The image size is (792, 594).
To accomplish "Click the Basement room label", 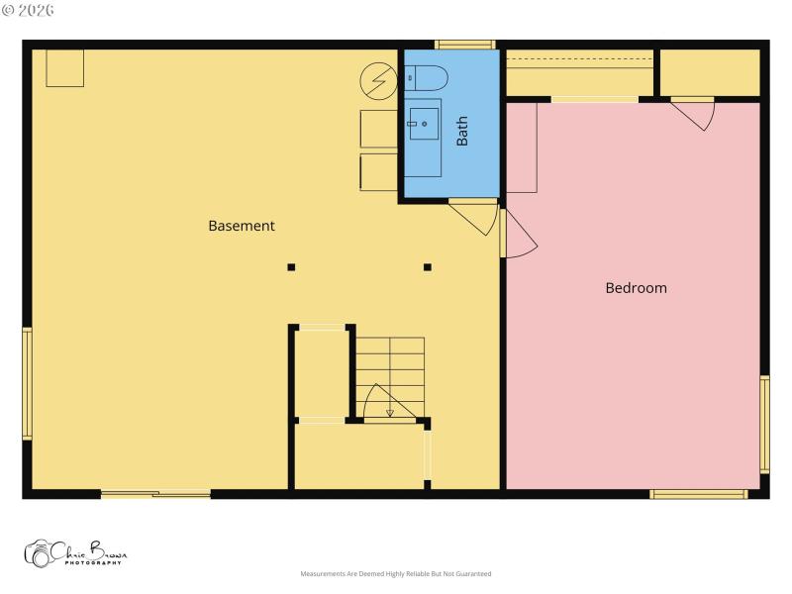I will pyautogui.click(x=242, y=226).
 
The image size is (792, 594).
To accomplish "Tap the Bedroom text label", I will pyautogui.click(x=636, y=288).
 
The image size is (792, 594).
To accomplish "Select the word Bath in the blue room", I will pyautogui.click(x=462, y=133).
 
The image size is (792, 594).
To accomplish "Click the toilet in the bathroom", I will pyautogui.click(x=427, y=77).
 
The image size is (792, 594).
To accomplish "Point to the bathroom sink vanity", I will pyautogui.click(x=425, y=123).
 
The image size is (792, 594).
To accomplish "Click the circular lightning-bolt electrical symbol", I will pyautogui.click(x=377, y=80).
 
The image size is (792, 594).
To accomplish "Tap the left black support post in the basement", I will pyautogui.click(x=291, y=267).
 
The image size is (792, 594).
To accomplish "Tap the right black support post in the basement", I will pyautogui.click(x=428, y=267).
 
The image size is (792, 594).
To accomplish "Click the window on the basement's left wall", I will pyautogui.click(x=28, y=384).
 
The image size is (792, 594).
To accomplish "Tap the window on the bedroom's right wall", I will pyautogui.click(x=764, y=424).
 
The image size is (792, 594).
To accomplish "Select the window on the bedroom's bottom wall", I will pyautogui.click(x=698, y=493).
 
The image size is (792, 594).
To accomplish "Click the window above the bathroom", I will pyautogui.click(x=465, y=45).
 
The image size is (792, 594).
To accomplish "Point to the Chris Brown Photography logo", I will pyautogui.click(x=75, y=553).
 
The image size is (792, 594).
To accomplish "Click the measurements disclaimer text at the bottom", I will pyautogui.click(x=396, y=574).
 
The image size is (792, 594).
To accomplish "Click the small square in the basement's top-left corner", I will pyautogui.click(x=64, y=68).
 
